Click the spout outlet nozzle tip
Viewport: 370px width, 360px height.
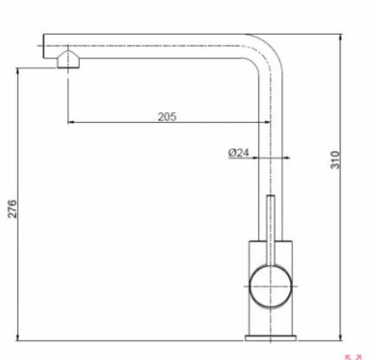click(x=67, y=62)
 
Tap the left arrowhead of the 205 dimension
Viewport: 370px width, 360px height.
click(x=71, y=123)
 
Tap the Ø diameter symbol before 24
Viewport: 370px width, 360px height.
click(x=232, y=153)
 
